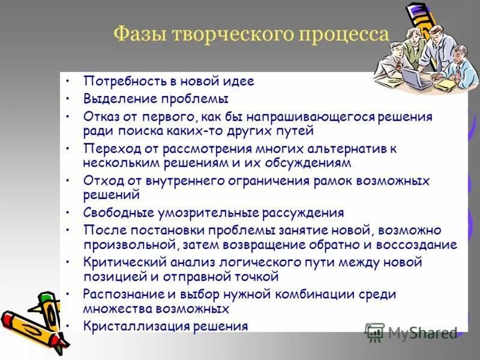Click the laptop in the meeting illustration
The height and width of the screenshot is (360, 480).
pos(416,77)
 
